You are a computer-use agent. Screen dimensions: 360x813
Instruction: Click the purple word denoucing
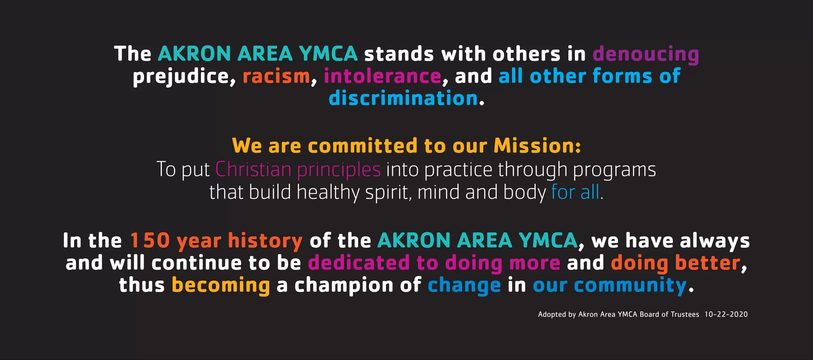click(x=645, y=54)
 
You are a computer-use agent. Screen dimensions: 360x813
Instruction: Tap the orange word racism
click(x=276, y=77)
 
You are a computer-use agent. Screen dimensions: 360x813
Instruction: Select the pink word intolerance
click(x=382, y=77)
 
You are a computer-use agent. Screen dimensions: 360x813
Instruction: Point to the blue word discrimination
click(x=403, y=98)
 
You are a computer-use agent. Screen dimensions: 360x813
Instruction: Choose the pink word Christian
click(x=253, y=169)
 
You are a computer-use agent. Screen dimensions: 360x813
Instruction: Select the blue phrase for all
click(x=575, y=192)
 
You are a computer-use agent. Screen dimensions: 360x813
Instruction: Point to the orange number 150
click(x=150, y=241)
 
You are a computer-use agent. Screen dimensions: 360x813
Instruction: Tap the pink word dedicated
click(x=358, y=263)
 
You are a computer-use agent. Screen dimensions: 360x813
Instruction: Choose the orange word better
click(x=707, y=263)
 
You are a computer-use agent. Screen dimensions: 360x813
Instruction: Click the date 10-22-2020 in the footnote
click(x=726, y=314)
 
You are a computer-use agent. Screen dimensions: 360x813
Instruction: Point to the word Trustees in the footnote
click(x=685, y=314)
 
